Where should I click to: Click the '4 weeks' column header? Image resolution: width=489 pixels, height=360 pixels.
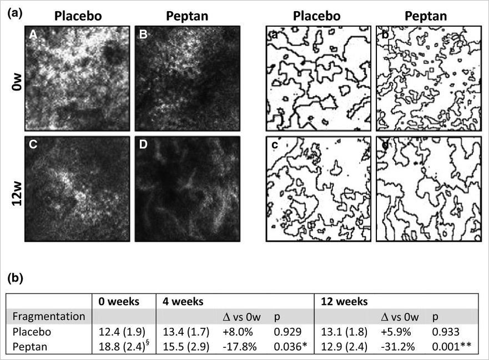(183, 302)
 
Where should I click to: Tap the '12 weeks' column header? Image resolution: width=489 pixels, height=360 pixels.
(343, 302)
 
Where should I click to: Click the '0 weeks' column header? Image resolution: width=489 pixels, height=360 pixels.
(119, 302)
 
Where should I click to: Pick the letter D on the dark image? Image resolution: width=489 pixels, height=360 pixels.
(144, 147)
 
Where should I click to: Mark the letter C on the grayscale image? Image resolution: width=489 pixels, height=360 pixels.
(34, 147)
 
